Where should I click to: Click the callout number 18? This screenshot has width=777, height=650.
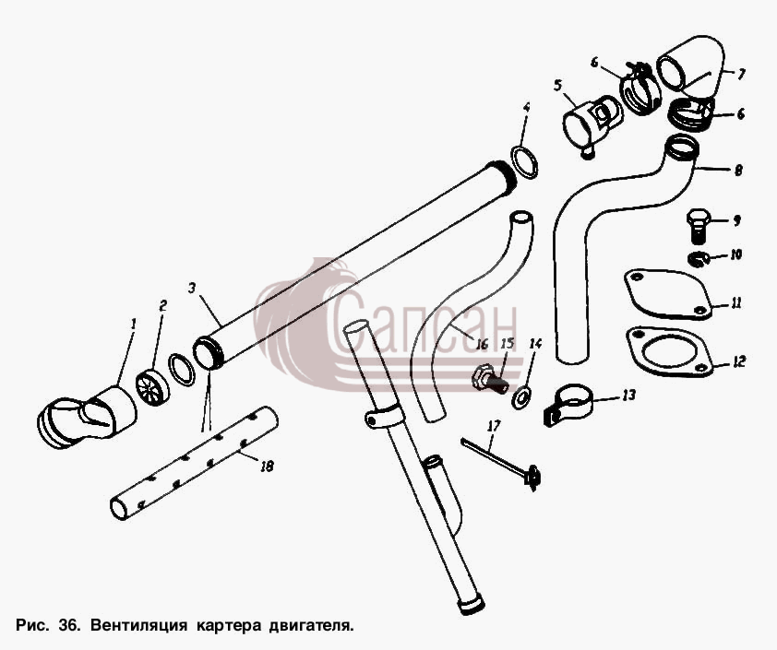pos(267,466)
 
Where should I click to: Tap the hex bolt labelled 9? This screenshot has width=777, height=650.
pos(699,226)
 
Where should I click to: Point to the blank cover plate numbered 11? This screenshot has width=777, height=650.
pos(668,294)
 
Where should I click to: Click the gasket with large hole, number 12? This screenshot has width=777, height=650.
pos(670,351)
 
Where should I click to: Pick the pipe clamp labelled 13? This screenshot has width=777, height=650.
pos(568,405)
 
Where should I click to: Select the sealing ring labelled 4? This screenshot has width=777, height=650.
pos(524,161)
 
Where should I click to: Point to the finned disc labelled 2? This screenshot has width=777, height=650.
pos(151,386)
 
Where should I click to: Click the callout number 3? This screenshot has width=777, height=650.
pos(193,288)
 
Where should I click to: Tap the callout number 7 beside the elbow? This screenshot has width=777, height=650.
pos(740,75)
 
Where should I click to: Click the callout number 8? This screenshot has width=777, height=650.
pos(738,170)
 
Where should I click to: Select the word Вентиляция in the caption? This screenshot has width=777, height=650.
pos(138,625)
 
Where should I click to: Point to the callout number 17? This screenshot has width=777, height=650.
pos(494,426)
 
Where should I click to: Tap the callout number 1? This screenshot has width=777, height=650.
pos(133,325)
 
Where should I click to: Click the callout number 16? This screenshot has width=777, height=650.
pos(482,344)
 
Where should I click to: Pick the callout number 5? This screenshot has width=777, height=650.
pos(558,85)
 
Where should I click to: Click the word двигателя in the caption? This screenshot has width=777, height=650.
pos(311,626)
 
